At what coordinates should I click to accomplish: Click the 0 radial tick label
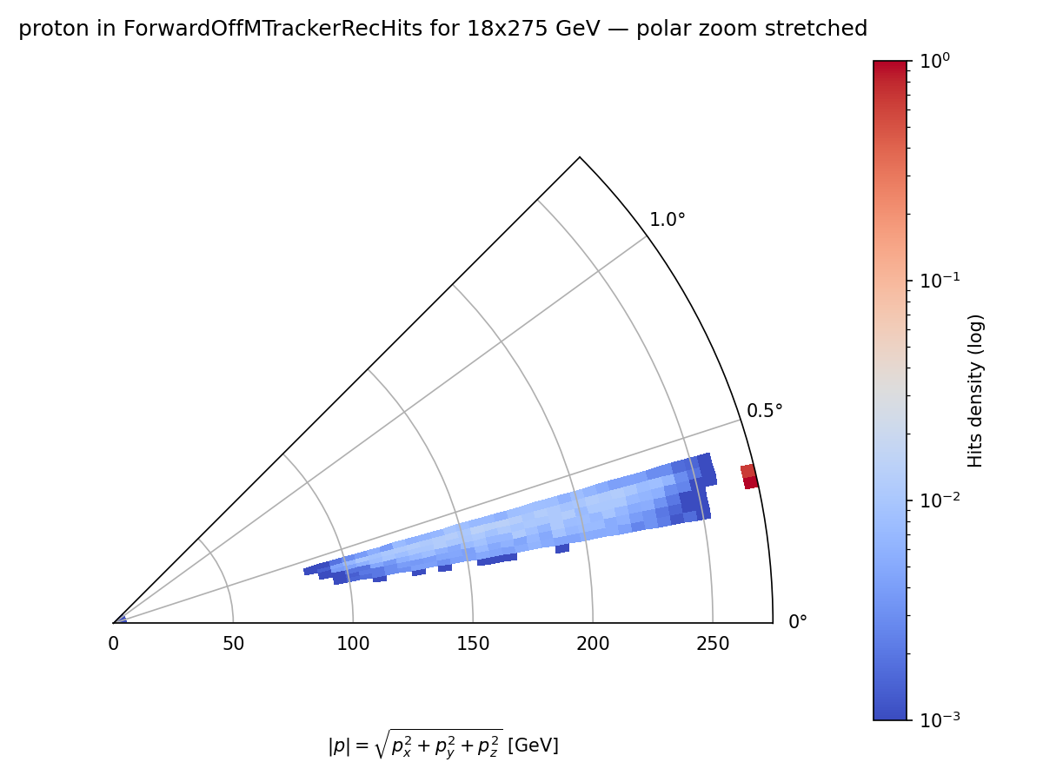point(113,644)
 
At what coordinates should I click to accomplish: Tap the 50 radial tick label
point(233,644)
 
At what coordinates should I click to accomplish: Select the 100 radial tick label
point(353,644)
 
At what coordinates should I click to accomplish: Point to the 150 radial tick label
point(473,644)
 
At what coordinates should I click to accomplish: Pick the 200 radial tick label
point(593,644)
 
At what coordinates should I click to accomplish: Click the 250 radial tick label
point(713,644)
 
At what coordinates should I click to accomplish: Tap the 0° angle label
point(797,622)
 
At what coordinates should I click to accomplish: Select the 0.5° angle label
point(765,410)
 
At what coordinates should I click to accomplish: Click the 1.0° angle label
point(668,220)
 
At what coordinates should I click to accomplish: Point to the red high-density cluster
point(749,476)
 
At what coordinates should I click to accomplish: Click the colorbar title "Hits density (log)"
point(975,391)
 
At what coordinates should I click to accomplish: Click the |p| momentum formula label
point(442,744)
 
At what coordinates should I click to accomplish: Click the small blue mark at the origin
point(120,620)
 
